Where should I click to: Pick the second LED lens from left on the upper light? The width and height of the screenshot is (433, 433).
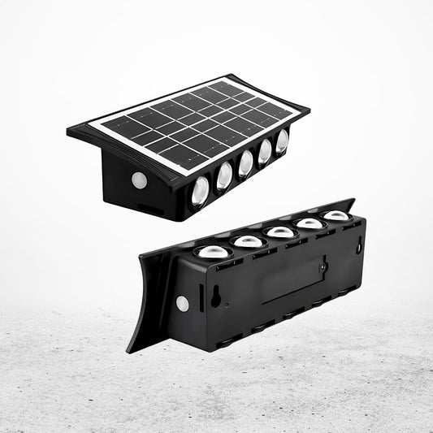point(223,175)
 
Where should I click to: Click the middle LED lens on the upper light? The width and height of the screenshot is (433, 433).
point(245,163)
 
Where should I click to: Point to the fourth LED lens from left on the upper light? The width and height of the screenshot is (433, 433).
point(265,151)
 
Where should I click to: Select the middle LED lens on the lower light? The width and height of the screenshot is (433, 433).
point(279,232)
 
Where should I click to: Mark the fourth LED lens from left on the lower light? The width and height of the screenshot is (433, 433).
point(309,223)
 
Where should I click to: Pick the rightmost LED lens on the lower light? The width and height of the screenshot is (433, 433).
point(336,215)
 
